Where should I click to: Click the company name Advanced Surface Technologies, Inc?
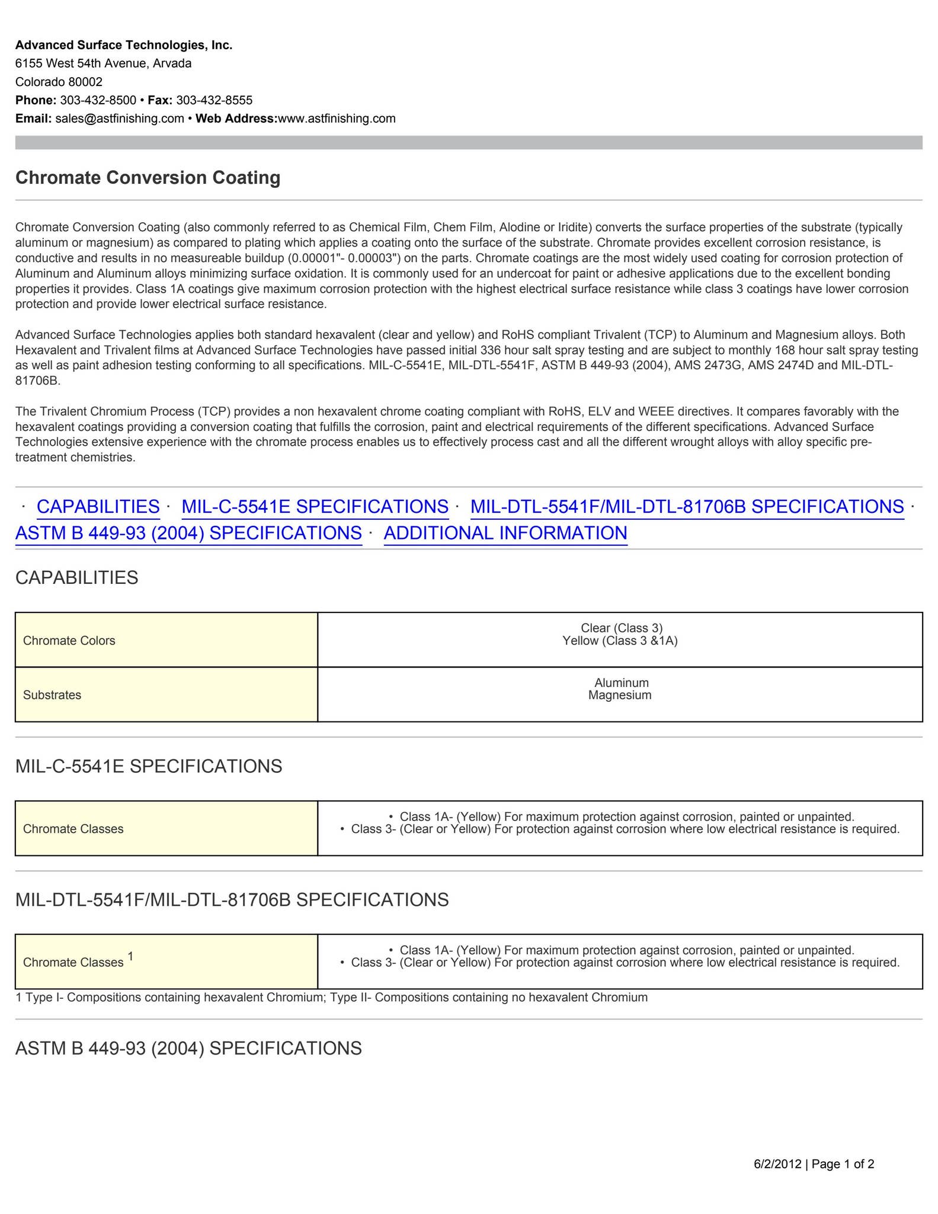(124, 45)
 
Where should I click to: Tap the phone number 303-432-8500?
(98, 100)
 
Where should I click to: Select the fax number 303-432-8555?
(214, 100)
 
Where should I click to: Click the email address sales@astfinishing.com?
(120, 118)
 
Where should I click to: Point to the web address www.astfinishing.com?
(337, 118)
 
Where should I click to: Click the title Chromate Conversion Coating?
(148, 177)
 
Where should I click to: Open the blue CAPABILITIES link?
(98, 506)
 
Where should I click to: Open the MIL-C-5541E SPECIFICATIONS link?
(315, 506)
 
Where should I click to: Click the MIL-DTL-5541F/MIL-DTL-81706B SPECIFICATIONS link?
(687, 506)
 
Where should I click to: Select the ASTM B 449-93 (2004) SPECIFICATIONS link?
(188, 533)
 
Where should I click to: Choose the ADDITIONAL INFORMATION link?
(505, 533)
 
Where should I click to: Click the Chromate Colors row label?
(69, 640)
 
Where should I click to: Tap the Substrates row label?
(52, 695)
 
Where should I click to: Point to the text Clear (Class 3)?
(621, 628)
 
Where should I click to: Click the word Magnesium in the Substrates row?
(620, 695)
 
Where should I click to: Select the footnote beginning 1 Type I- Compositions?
(331, 997)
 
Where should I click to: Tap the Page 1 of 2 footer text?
(843, 1164)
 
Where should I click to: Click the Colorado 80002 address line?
(59, 82)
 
